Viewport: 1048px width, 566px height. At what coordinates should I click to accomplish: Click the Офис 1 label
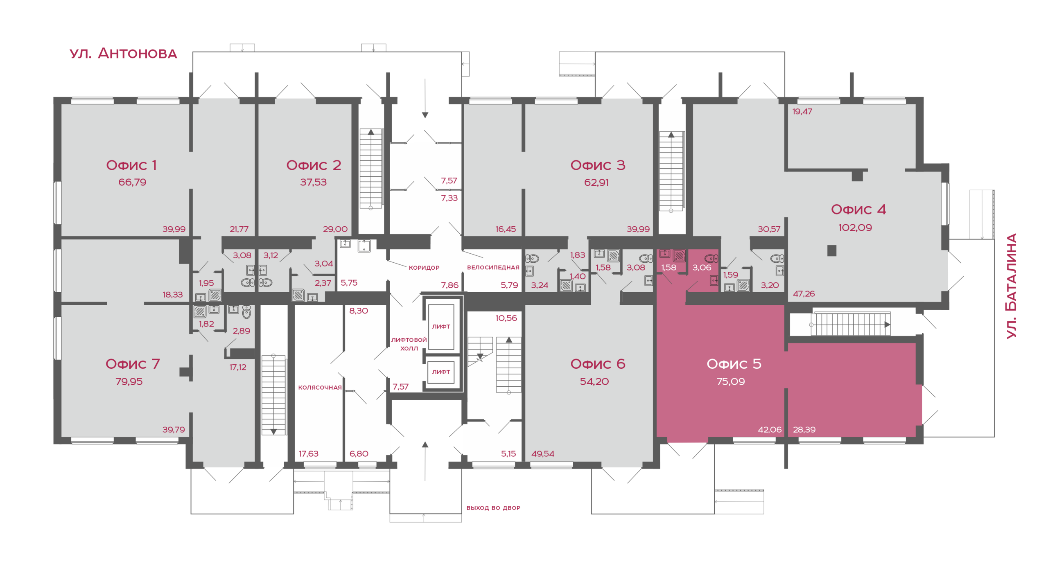(x=131, y=165)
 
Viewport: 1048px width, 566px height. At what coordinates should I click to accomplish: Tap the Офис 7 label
(x=132, y=363)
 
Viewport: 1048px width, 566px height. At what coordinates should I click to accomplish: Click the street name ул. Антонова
(x=123, y=53)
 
